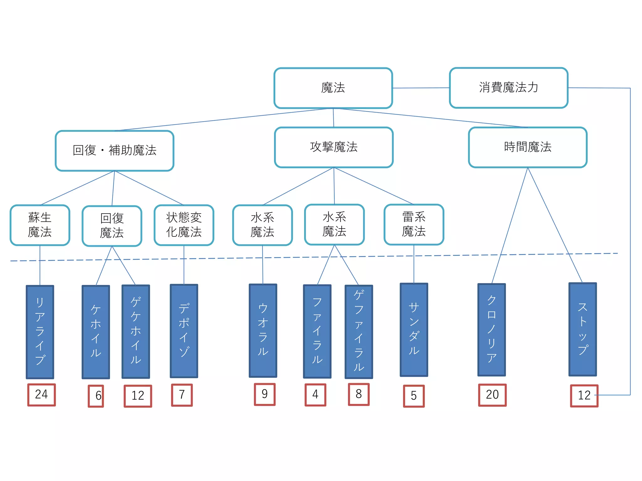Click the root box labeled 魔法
click(x=333, y=88)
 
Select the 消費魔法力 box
click(x=508, y=88)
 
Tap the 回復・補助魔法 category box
click(x=114, y=151)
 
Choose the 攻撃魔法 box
click(x=334, y=147)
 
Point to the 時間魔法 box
click(x=528, y=147)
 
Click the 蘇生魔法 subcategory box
click(x=40, y=225)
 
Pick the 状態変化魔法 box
click(x=184, y=225)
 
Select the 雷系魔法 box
click(x=413, y=225)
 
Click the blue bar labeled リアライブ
click(x=40, y=332)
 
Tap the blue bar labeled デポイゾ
click(x=184, y=331)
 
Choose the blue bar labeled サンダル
click(x=414, y=330)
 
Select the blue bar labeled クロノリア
click(x=491, y=329)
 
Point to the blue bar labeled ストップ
click(x=582, y=329)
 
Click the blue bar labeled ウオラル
click(x=263, y=330)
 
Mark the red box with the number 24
click(x=41, y=395)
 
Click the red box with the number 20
click(x=492, y=395)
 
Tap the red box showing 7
click(x=182, y=395)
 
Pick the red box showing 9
click(x=265, y=394)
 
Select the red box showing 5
click(x=414, y=396)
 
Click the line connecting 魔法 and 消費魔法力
click(x=421, y=88)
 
